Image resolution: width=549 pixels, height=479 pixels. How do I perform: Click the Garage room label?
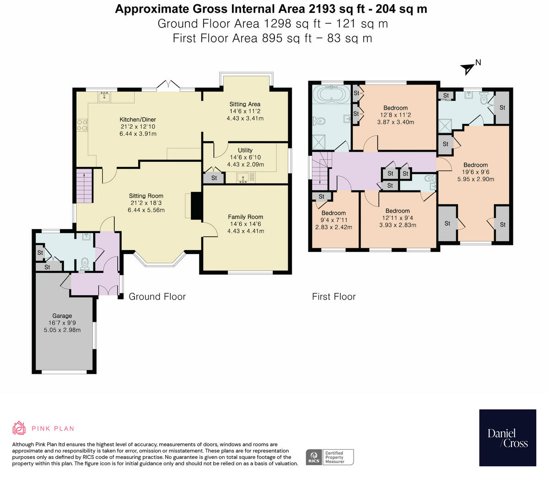click(62, 316)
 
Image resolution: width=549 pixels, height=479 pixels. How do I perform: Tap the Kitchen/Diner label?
click(138, 120)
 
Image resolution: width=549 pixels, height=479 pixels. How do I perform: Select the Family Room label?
click(246, 217)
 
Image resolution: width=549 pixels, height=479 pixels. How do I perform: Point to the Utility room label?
click(245, 150)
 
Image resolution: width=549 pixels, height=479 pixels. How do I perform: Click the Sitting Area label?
click(245, 104)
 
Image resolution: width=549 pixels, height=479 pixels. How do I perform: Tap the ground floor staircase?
click(84, 186)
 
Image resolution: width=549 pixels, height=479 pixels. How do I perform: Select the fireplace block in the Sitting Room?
click(196, 206)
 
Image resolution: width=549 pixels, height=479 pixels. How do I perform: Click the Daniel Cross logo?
click(507, 438)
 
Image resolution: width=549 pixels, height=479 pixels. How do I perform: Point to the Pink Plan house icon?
click(19, 428)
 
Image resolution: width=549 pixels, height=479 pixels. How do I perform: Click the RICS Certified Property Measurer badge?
click(329, 457)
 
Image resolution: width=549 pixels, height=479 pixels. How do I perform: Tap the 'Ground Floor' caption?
click(157, 297)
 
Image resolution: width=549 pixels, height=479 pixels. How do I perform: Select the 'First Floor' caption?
click(334, 297)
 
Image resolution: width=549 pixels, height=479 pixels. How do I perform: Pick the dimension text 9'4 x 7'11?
click(334, 220)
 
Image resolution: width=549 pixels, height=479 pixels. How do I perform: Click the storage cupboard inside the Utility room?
click(214, 177)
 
